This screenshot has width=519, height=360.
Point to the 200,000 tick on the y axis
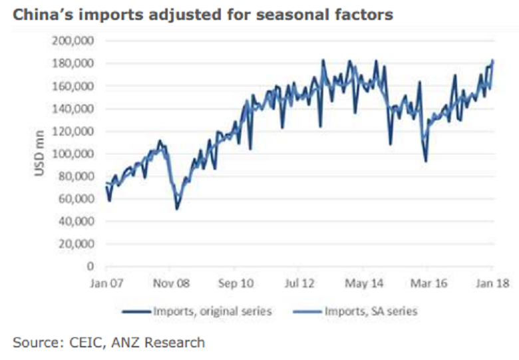coord(74,41)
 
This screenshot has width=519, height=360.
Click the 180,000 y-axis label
coord(74,63)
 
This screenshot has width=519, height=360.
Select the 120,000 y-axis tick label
coord(74,131)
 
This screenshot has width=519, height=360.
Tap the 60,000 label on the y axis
coord(77,198)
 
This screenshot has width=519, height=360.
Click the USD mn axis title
coord(39,154)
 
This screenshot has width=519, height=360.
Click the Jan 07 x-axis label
coord(106,283)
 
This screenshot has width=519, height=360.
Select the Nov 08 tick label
coord(171,283)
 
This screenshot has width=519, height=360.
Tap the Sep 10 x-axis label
coord(236,283)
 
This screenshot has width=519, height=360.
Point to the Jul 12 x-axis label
coord(300,283)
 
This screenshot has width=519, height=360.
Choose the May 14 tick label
coord(365,283)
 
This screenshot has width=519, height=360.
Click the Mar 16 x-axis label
coord(429,283)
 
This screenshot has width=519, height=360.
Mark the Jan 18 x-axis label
coord(490,283)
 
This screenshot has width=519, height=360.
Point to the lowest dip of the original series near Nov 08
coord(176,210)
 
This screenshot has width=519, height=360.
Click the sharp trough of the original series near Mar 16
coord(426,161)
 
